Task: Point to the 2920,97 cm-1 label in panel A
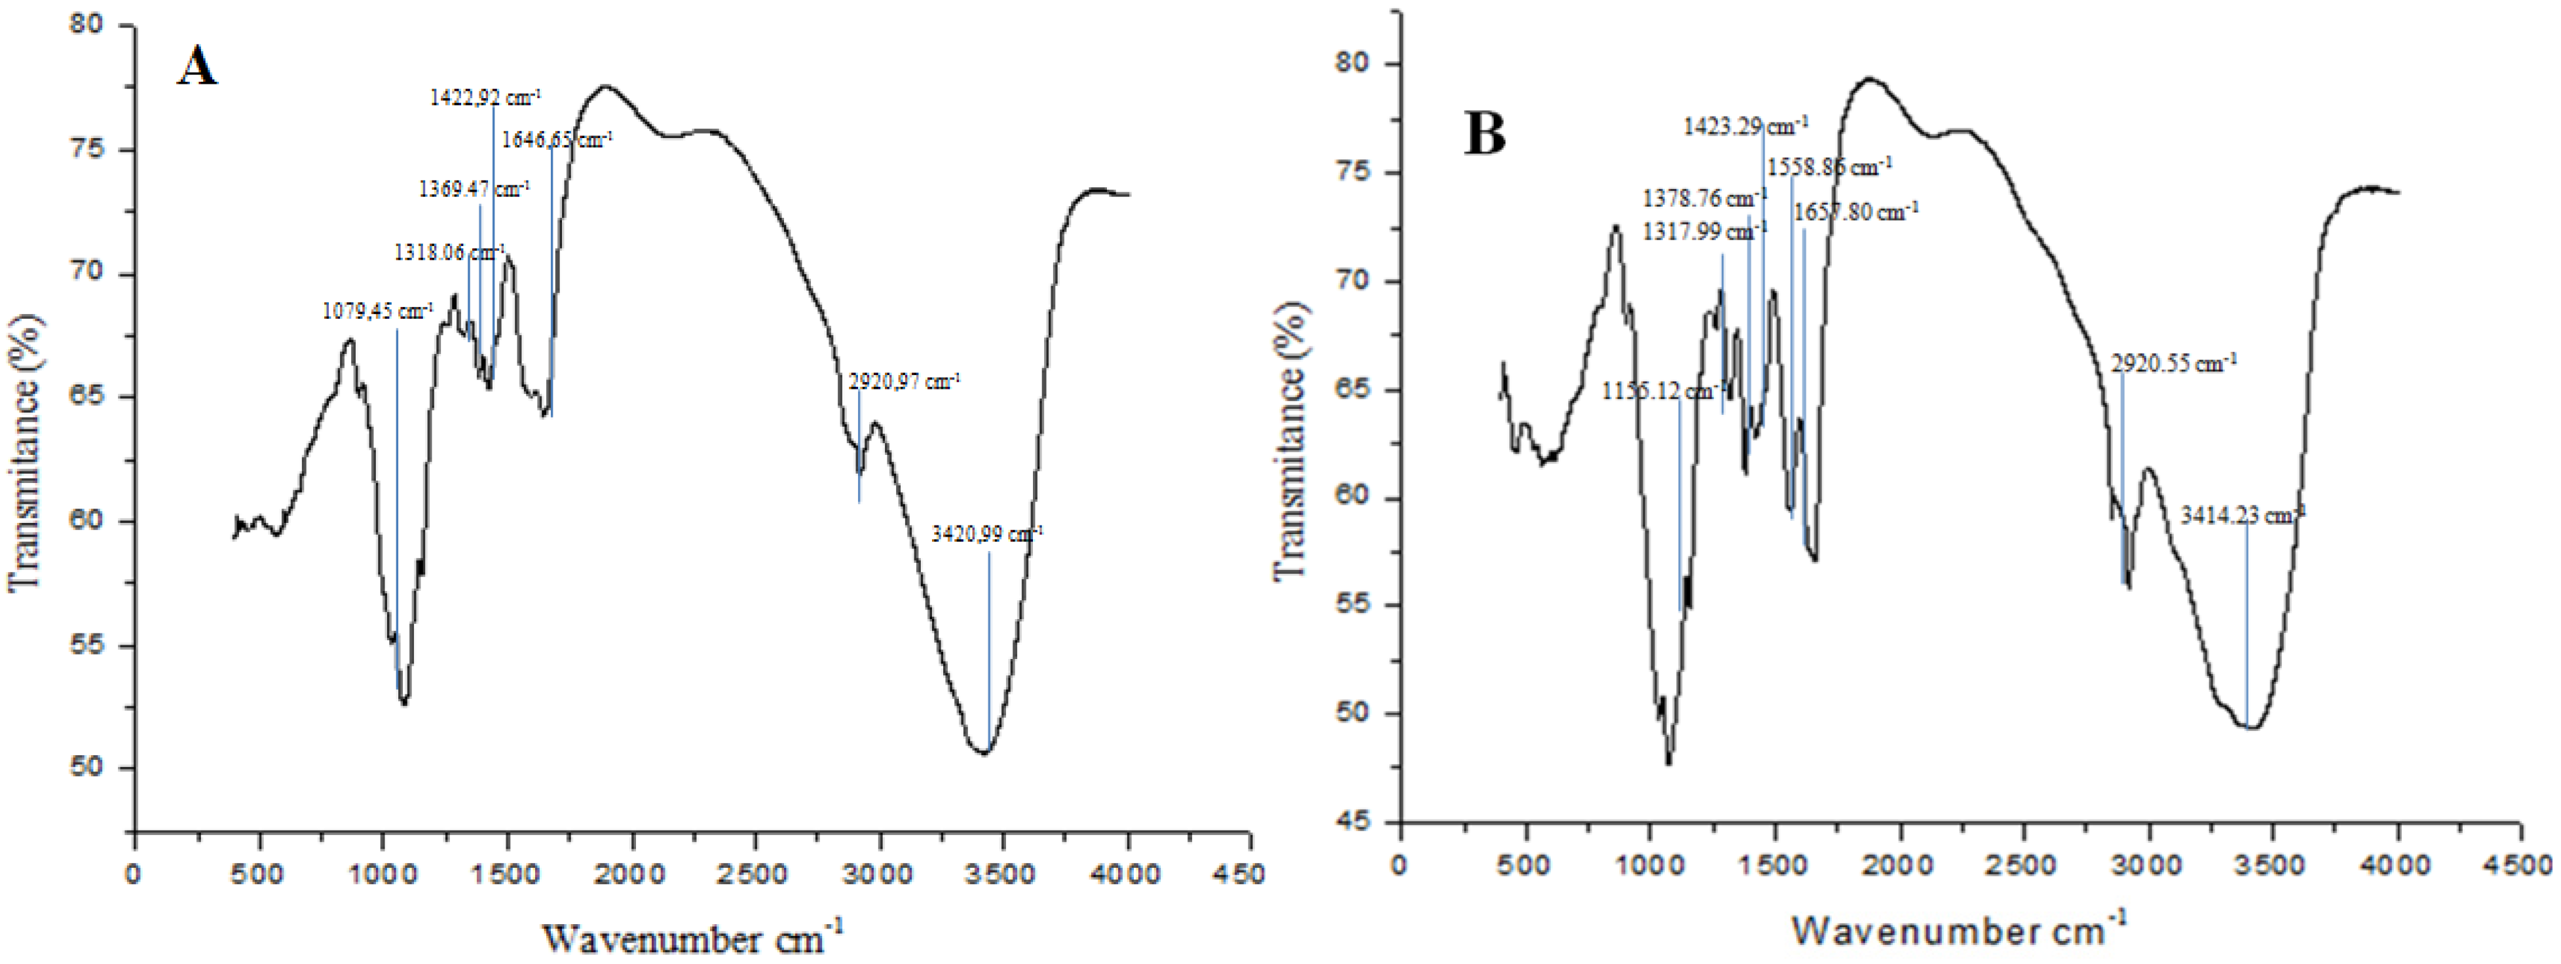(904, 382)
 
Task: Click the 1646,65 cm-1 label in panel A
(555, 140)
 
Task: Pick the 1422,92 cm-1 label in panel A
(485, 98)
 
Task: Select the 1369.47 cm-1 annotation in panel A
(473, 189)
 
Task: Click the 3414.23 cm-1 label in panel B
(2242, 516)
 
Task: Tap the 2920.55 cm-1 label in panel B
(2173, 364)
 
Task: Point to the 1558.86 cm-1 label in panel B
(1828, 167)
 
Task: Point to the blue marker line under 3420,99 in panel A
(988, 646)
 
